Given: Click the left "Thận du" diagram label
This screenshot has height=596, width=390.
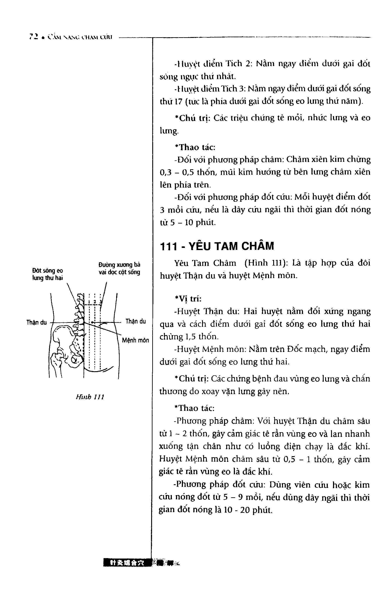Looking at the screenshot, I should pos(37,322).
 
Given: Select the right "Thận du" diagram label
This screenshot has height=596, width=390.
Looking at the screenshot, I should pos(136,322).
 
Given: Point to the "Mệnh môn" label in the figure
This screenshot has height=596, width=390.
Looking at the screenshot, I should pos(135,340).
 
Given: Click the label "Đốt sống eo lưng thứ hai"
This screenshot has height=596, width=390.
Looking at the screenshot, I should pos(47,274).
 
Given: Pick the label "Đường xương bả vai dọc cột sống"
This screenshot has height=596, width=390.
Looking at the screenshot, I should pos(119,268).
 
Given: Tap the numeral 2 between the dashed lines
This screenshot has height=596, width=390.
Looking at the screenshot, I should pos(95,302).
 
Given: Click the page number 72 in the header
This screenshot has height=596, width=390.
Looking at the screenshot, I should pos(33,37).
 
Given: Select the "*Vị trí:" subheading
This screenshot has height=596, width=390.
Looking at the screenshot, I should pos(188,299).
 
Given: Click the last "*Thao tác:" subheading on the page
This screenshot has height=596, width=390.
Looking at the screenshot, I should pos(194,408).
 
